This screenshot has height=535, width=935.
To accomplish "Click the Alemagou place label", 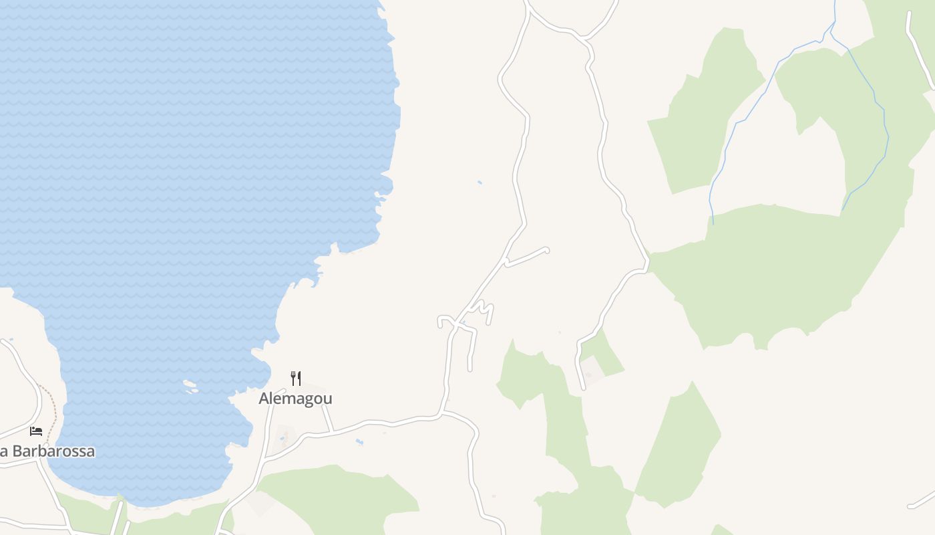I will click(x=295, y=399).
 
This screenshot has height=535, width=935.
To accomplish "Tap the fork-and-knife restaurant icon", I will click(x=296, y=379).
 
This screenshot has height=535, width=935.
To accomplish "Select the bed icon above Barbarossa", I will click(x=36, y=431).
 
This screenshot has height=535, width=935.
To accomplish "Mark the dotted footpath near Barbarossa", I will click(x=51, y=415).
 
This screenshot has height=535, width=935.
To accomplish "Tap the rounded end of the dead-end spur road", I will click(x=546, y=250).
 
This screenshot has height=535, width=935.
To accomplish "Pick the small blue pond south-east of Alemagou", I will click(x=359, y=442).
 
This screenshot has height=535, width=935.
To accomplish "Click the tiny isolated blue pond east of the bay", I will click(x=480, y=182).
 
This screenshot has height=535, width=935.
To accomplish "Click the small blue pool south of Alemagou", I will click(x=282, y=439).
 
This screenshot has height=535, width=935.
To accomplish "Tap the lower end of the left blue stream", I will click(x=713, y=223).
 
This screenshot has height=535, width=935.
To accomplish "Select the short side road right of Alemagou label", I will click(x=327, y=418).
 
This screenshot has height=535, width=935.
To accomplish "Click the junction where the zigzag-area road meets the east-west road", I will click(x=441, y=413).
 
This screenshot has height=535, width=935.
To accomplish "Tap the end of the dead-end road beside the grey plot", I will click(x=583, y=387).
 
